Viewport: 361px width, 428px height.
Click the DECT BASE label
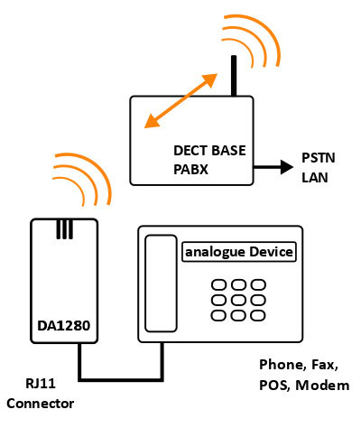[209, 151]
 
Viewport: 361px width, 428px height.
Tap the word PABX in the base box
[190, 170]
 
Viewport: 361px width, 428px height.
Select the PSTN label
[319, 158]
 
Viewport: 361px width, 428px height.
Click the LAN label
[315, 177]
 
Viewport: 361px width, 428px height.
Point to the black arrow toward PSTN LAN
[273, 167]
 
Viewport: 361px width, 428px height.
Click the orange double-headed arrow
[180, 101]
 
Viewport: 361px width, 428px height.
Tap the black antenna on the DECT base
[234, 76]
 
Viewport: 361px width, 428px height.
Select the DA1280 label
[64, 326]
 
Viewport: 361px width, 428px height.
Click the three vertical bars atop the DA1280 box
[64, 229]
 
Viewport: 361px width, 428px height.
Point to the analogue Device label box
[239, 252]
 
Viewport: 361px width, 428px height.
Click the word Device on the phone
[271, 252]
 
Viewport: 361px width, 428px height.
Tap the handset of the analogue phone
[161, 284]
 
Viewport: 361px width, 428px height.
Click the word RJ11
[41, 384]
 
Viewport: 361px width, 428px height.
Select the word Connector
[41, 404]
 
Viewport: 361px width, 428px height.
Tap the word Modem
[322, 386]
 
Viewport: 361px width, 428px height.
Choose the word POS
[275, 386]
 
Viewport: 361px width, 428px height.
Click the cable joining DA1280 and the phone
[121, 380]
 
